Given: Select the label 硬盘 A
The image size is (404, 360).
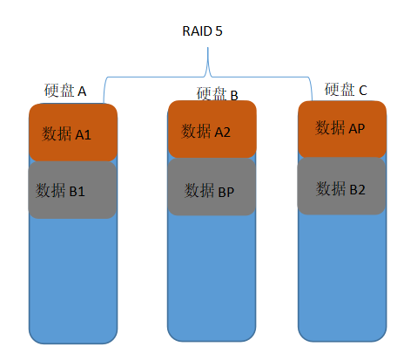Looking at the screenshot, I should click(65, 91).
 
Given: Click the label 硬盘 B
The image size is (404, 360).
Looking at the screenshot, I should click(217, 93).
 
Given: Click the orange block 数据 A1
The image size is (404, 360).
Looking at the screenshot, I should click(73, 133).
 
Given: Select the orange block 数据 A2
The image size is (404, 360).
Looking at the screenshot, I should click(212, 131).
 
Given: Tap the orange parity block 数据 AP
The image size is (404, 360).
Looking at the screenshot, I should click(340, 128).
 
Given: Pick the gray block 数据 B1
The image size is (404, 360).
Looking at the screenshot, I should click(73, 189).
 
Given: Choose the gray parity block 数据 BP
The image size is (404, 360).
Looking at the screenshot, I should click(212, 188).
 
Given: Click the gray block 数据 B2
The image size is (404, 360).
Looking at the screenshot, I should click(340, 187).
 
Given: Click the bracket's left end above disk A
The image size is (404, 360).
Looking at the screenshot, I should click(105, 98).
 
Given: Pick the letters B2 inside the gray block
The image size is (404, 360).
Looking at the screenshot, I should click(357, 187).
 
